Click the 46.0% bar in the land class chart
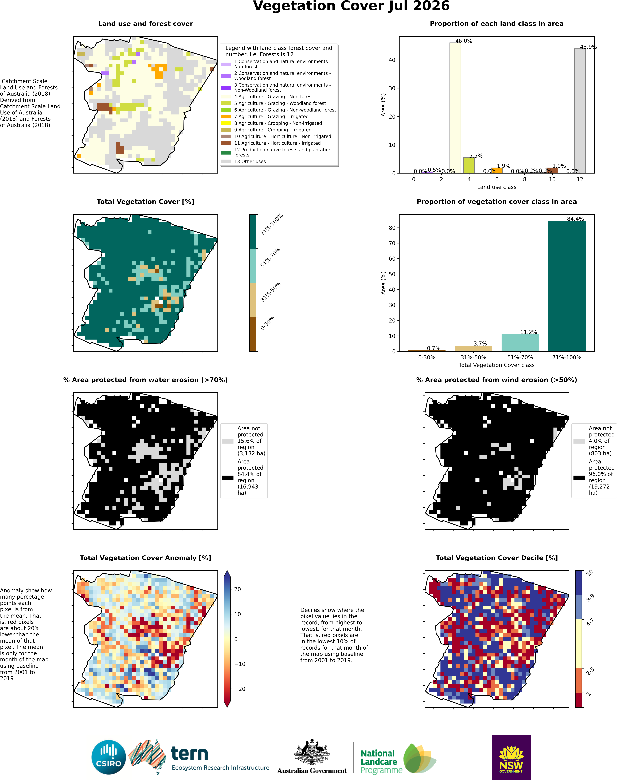pos(455,108)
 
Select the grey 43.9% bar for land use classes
pos(580,111)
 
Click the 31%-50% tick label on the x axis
pos(473,358)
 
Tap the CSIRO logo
pos(109,757)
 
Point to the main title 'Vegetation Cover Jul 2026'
pos(351,6)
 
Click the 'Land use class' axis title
pos(497,187)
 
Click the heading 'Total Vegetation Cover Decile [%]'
pos(497,558)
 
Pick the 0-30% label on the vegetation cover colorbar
pos(267,323)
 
